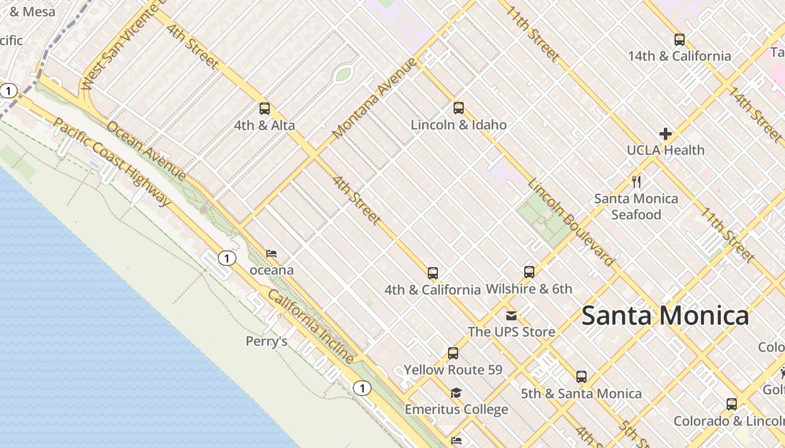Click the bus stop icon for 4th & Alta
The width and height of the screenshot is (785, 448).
tap(264, 109)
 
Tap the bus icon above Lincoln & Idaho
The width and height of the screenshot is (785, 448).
tap(459, 108)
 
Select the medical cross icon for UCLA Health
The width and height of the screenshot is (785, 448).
tap(666, 134)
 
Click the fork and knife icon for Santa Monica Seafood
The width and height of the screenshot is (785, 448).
tap(636, 182)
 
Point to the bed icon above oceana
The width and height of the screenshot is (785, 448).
tap(271, 254)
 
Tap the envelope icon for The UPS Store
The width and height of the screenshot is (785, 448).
tap(511, 316)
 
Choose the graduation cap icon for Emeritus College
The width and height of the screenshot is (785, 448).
tap(456, 393)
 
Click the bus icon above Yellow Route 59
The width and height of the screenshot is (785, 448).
tap(453, 353)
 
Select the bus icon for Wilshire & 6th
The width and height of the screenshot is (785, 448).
tap(529, 273)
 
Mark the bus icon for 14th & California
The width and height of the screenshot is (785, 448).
tap(679, 40)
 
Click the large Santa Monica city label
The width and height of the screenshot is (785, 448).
tap(665, 316)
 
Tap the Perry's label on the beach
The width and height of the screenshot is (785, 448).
tap(267, 341)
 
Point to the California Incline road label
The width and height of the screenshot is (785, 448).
tap(311, 326)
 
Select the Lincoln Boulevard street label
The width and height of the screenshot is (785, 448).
tap(571, 222)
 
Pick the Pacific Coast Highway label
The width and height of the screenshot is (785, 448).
tap(112, 162)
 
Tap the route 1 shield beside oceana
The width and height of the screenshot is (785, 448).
tap(227, 258)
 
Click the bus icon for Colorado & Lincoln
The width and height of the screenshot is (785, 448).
tap(731, 404)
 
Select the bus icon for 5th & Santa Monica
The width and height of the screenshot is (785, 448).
tap(581, 377)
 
